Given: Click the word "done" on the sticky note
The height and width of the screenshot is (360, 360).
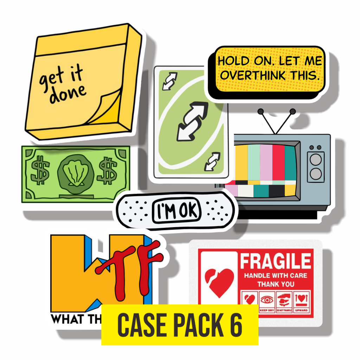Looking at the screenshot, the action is point(68,92).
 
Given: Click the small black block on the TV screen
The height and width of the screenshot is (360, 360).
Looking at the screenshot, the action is point(276,191).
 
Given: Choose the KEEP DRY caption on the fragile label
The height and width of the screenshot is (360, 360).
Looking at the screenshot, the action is point(267,310).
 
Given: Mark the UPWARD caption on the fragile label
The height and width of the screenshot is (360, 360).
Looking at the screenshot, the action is point(301,310).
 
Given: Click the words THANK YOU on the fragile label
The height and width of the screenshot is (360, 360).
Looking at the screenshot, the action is point(276,284).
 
